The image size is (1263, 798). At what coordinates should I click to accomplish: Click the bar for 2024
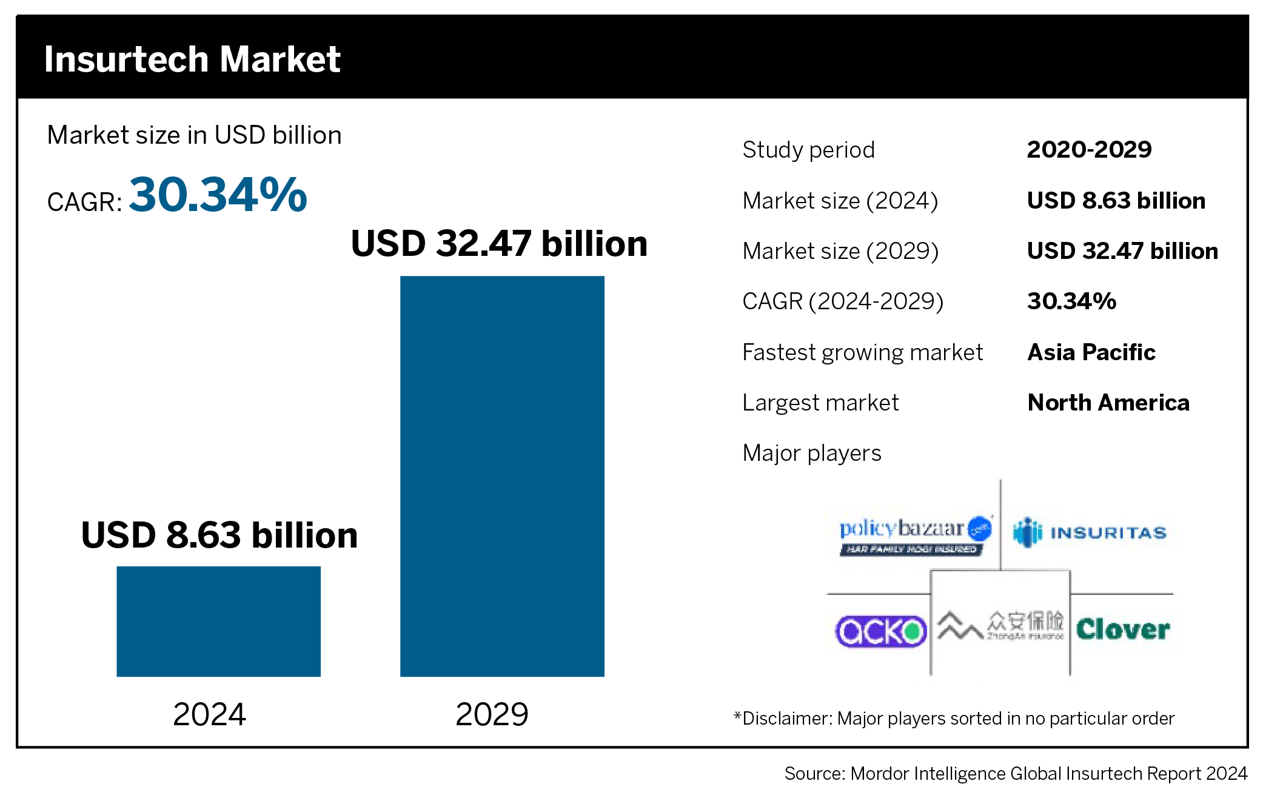(x=218, y=621)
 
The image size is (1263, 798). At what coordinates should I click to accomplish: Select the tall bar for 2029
(x=502, y=476)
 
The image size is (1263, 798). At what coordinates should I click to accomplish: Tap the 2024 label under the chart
(x=209, y=714)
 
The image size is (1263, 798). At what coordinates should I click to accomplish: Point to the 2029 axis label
(x=492, y=714)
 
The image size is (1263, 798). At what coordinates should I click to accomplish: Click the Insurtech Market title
(x=192, y=59)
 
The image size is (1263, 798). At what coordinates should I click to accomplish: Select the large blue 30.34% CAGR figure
(x=218, y=195)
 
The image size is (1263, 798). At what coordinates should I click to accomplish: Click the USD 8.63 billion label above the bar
(x=219, y=535)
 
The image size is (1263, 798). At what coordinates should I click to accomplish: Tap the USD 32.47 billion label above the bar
(x=499, y=243)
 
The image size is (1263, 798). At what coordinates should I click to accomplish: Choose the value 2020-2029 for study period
(x=1089, y=149)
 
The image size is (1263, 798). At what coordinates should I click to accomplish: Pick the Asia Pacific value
(x=1091, y=352)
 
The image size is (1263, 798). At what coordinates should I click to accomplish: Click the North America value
(x=1108, y=402)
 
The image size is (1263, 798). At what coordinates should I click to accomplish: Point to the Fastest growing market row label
(x=862, y=352)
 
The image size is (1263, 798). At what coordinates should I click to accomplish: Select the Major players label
(x=812, y=452)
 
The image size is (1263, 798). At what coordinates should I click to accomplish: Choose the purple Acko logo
(x=880, y=631)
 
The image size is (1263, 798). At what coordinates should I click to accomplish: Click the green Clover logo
(x=1123, y=629)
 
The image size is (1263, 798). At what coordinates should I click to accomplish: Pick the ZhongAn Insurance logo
(x=1000, y=626)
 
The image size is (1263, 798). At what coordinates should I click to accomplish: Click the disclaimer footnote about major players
(x=954, y=719)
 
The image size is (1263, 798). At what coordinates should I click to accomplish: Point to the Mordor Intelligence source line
(x=1016, y=774)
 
